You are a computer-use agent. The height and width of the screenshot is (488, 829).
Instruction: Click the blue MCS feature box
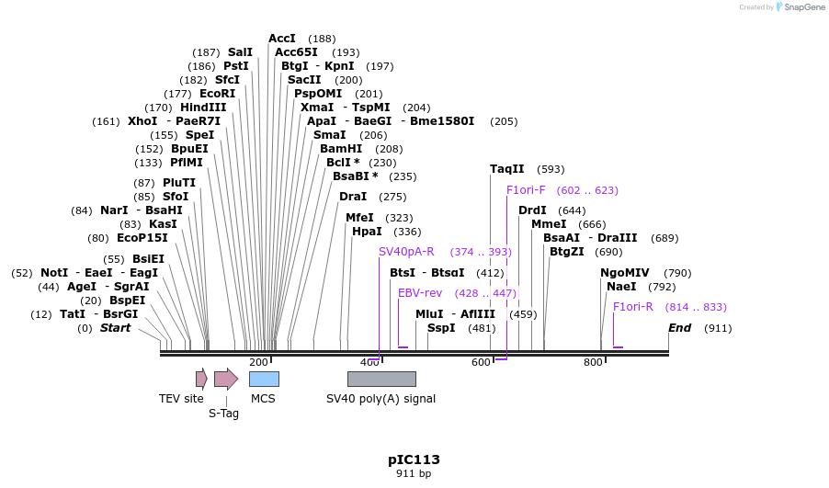point(264,379)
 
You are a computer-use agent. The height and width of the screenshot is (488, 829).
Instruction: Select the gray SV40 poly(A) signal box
point(381,379)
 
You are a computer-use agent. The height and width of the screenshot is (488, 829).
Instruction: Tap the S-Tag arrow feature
point(225,379)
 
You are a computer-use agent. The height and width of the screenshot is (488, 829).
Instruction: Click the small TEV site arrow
point(201,379)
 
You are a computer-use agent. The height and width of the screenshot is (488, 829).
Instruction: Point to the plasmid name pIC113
point(414,460)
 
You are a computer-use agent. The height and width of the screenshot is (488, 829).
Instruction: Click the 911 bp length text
point(414,474)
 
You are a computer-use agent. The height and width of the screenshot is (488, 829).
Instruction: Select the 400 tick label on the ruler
point(369,362)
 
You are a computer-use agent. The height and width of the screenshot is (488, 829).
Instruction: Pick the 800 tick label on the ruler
point(593,362)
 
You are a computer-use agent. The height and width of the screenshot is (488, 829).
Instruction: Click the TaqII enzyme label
point(507,169)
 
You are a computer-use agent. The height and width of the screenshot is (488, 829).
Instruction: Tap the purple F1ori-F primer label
point(526,190)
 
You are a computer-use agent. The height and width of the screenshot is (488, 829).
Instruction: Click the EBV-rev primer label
point(420,293)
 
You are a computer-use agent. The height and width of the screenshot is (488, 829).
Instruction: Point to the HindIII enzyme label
point(203,108)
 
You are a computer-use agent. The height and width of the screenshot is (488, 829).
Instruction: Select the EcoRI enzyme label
point(217,94)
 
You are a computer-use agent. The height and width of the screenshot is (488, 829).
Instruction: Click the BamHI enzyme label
point(341,149)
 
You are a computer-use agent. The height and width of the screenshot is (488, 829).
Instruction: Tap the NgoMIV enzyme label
point(625,273)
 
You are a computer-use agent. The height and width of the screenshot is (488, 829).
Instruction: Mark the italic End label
point(679,328)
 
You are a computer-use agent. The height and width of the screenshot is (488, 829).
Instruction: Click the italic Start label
point(115,328)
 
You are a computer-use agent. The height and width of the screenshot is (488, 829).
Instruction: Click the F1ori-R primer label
point(633,307)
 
